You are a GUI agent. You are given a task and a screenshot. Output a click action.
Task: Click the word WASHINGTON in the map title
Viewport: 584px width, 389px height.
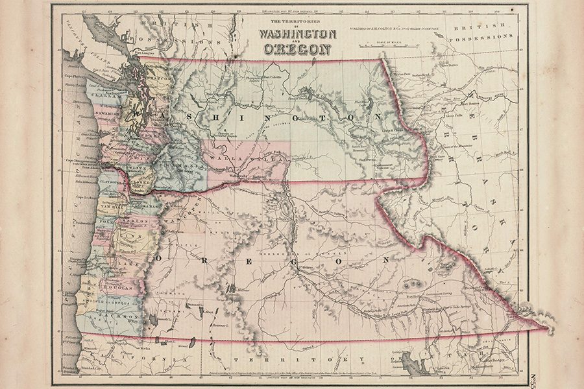tap(298, 34)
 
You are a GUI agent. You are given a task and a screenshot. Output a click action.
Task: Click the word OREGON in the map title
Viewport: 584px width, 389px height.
tap(297, 50)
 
